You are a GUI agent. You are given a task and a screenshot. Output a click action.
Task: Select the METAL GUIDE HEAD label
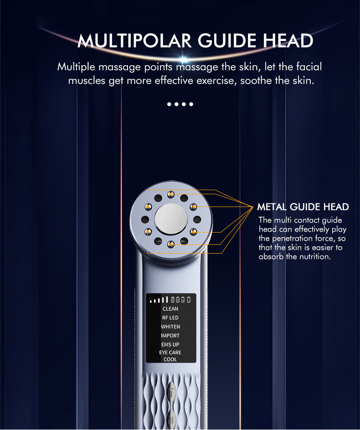303,207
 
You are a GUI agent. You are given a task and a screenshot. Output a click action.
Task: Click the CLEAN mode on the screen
170,309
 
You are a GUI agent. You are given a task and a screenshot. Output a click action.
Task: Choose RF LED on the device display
170,318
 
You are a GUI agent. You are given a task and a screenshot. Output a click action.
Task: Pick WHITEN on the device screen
170,326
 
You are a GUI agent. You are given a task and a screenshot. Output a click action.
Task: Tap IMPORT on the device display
170,336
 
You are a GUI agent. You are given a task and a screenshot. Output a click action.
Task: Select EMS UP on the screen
170,345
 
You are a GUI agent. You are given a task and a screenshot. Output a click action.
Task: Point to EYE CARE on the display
170,352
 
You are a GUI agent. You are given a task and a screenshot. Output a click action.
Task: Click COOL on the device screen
170,359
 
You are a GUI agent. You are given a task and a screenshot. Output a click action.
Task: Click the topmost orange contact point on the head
170,195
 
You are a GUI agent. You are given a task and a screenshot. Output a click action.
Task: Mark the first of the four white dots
169,104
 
